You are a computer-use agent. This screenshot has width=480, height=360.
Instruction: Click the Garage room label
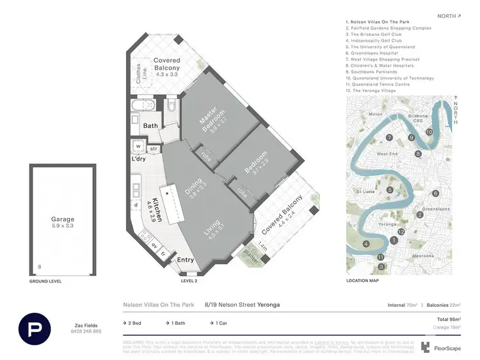(63, 219)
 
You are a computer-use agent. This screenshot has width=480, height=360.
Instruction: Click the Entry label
(185, 260)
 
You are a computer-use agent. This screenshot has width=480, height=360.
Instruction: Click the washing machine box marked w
(138, 145)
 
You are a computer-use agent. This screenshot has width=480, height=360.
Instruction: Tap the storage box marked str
(154, 148)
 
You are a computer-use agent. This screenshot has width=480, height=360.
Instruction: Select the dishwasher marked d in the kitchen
(136, 205)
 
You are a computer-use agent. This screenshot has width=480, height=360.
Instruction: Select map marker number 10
(429, 132)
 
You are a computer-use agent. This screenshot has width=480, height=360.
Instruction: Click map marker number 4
(366, 244)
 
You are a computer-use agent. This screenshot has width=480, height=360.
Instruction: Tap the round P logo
(35, 329)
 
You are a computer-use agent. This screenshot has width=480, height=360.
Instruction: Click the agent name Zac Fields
(86, 325)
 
